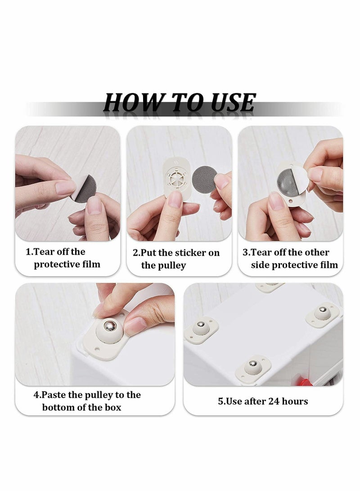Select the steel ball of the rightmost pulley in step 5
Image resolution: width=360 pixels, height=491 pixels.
(x=322, y=311)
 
